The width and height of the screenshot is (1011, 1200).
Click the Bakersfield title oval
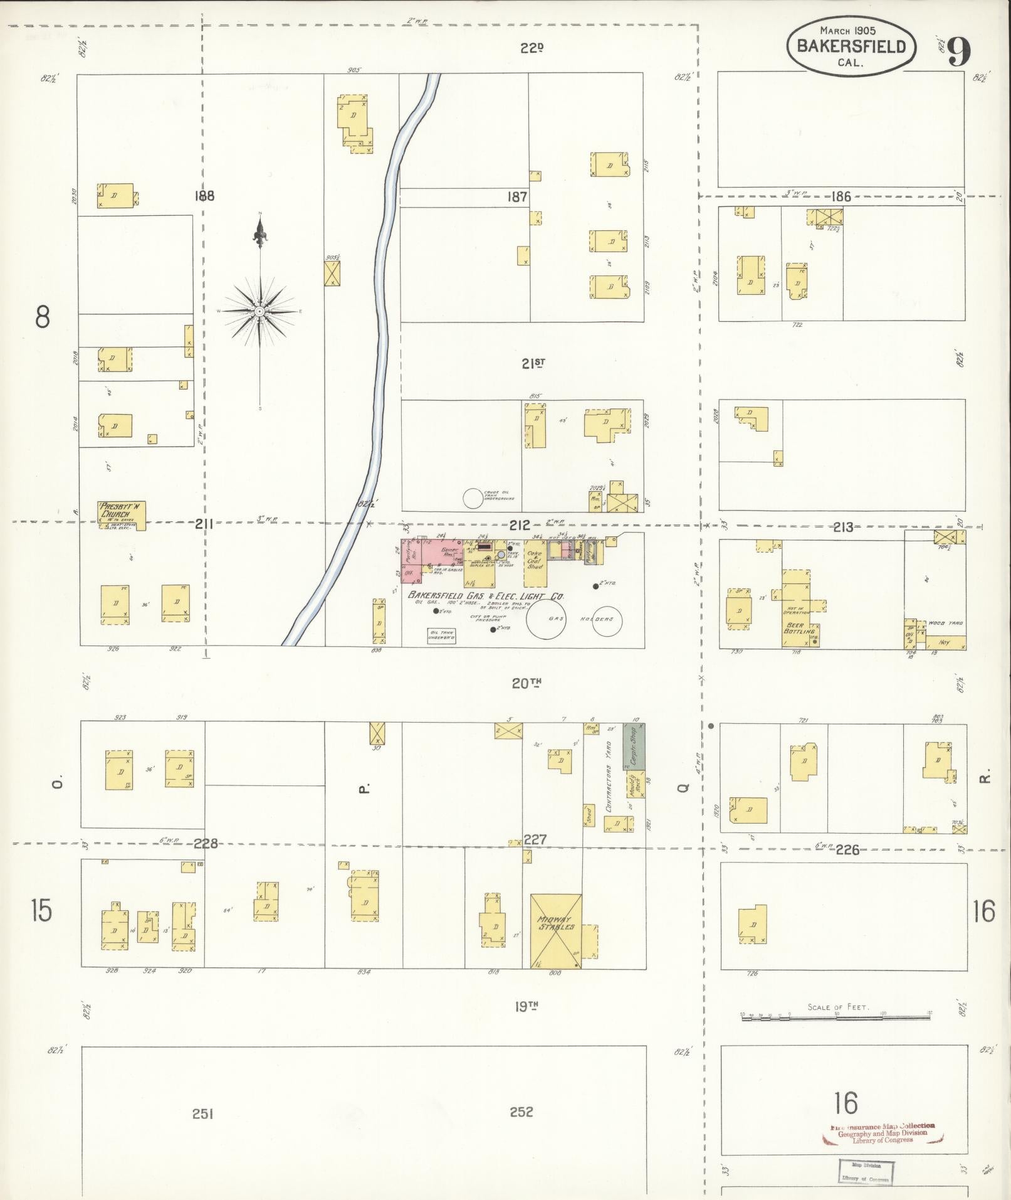[x=851, y=46]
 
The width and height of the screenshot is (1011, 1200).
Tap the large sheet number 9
[x=960, y=51]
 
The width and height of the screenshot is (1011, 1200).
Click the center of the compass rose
[x=259, y=311]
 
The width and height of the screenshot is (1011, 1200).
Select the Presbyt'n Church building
[x=122, y=516]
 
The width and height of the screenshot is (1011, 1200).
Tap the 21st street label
[x=533, y=363]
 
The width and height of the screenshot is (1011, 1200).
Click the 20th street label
[x=526, y=683]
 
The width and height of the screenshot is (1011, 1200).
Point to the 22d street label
[x=531, y=48]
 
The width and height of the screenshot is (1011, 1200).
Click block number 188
[x=204, y=196]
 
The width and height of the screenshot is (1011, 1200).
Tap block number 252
[x=521, y=1112]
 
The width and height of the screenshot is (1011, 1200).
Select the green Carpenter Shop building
[x=634, y=746]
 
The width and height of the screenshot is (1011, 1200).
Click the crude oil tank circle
[x=473, y=498]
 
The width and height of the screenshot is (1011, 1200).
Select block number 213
[x=842, y=527]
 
